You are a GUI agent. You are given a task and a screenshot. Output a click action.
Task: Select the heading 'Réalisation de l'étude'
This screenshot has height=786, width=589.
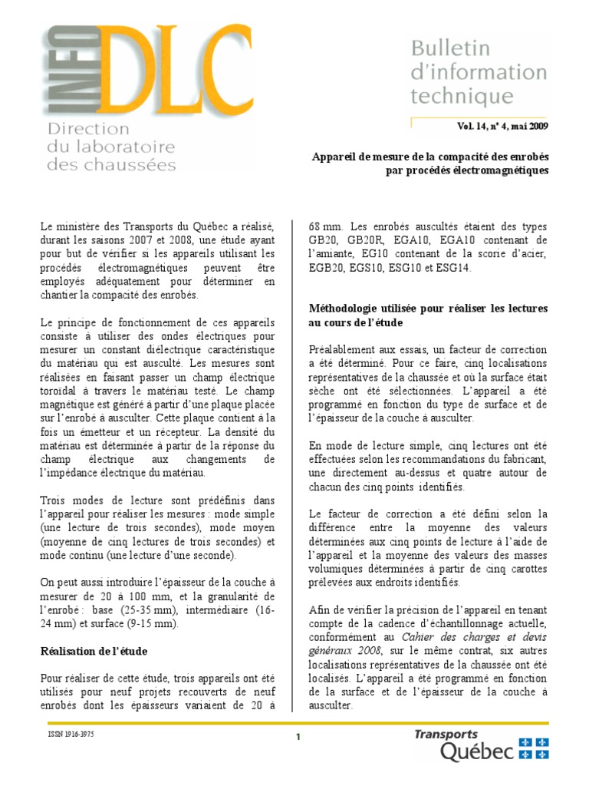pos(94,651)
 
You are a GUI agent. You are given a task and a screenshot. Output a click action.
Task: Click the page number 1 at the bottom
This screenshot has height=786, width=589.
pos(298,738)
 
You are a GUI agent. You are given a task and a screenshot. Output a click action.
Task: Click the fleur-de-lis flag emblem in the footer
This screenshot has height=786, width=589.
pos(535,748)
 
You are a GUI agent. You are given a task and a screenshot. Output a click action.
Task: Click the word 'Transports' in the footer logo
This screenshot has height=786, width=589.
pos(446,735)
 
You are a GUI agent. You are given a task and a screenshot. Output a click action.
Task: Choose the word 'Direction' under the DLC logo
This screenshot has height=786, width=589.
pos(88,129)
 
